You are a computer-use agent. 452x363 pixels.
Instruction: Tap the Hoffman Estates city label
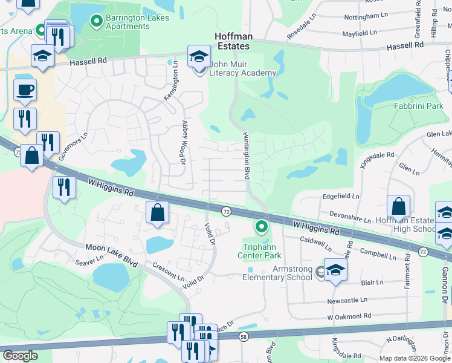[242, 41]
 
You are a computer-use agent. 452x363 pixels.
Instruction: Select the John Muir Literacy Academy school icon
[199, 57]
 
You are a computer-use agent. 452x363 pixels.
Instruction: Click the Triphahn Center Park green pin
[262, 227]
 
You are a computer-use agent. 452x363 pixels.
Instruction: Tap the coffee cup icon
[25, 90]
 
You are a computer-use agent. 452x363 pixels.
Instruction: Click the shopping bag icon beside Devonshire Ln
[399, 206]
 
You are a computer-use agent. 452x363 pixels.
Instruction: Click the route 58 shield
[244, 336]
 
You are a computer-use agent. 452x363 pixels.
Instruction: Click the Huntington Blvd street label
[246, 155]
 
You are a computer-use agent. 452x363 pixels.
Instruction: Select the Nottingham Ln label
[364, 16]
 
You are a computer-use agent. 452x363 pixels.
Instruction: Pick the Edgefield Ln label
[341, 197]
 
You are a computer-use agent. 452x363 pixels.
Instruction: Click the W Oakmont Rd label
[349, 316]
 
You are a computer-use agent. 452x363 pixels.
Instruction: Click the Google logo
[20, 356]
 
